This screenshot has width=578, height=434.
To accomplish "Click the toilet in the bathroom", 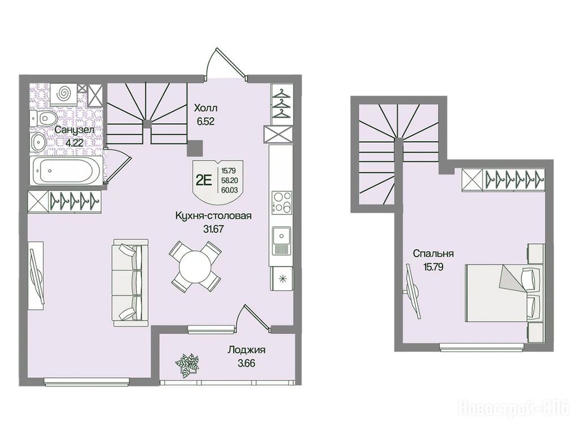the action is [44, 118].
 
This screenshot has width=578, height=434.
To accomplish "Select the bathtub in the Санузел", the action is [66, 170].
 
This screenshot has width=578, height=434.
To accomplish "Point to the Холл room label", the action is [206, 108].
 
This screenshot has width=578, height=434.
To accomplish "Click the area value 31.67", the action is [214, 229].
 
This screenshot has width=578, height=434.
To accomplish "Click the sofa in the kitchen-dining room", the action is [131, 282].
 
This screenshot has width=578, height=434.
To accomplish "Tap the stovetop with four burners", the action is [281, 202].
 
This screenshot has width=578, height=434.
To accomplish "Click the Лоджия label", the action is [246, 350].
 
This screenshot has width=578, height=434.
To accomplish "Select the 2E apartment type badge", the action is [203, 181].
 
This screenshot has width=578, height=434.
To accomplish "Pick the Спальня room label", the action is [433, 254].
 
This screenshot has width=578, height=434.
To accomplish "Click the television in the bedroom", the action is [412, 291].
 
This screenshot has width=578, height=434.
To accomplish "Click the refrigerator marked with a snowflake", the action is [282, 279].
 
